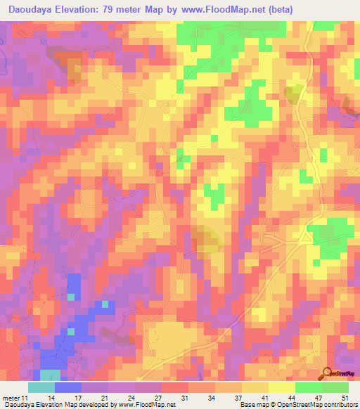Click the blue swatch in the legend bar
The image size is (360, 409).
(x=67, y=387)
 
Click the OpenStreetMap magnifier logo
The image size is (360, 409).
(x=328, y=372)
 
